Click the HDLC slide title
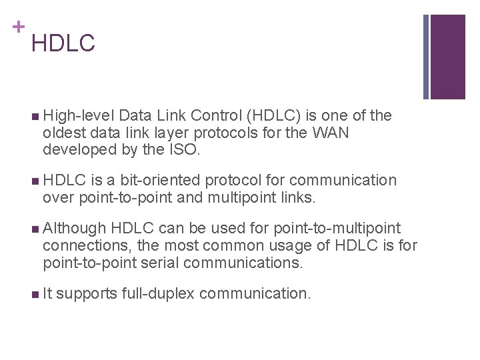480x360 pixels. [x=63, y=44]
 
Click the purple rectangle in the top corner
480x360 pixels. [x=448, y=57]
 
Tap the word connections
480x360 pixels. [x=83, y=245]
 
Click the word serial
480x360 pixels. [x=159, y=263]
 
